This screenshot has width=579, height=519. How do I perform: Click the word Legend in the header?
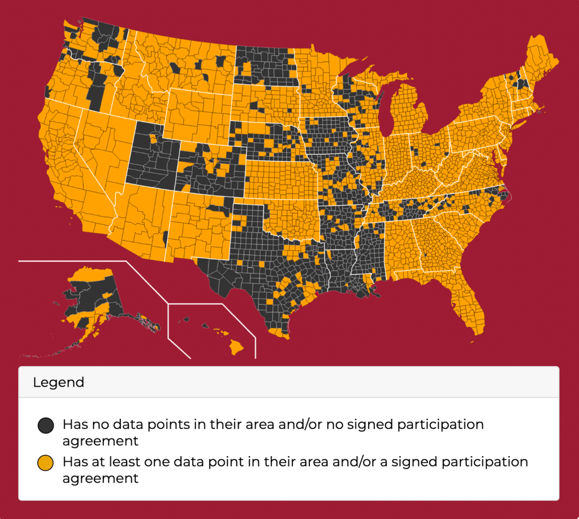pyautogui.click(x=58, y=382)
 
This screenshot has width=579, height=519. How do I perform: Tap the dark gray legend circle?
pyautogui.click(x=45, y=424)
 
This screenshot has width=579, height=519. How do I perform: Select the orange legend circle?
pyautogui.click(x=45, y=462)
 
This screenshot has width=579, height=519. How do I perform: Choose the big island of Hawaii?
pyautogui.click(x=236, y=345)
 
